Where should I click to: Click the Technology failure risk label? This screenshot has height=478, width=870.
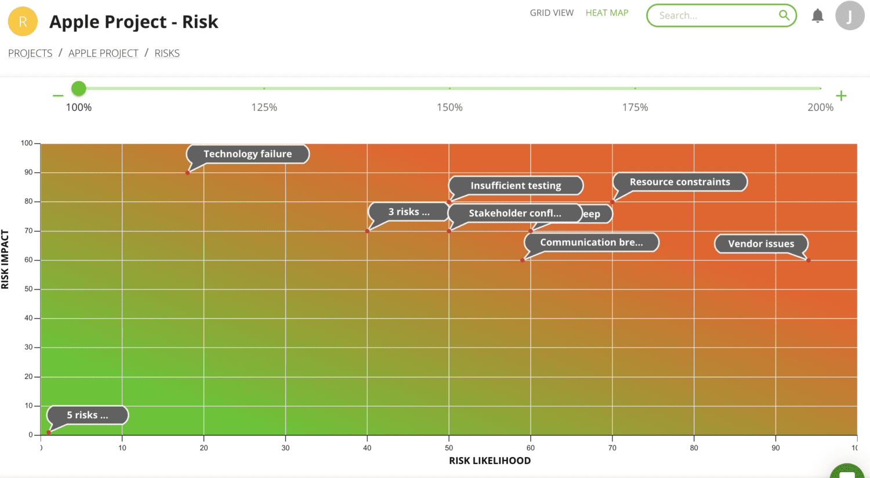pyautogui.click(x=248, y=154)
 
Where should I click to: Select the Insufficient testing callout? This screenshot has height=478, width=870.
pyautogui.click(x=516, y=186)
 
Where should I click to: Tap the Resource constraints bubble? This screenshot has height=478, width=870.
pyautogui.click(x=680, y=182)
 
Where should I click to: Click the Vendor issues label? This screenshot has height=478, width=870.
pyautogui.click(x=761, y=244)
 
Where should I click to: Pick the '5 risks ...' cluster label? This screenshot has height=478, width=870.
pyautogui.click(x=87, y=415)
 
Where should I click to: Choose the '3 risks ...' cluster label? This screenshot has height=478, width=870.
pyautogui.click(x=409, y=212)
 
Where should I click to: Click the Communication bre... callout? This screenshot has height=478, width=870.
pyautogui.click(x=592, y=242)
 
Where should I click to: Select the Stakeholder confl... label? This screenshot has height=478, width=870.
pyautogui.click(x=514, y=213)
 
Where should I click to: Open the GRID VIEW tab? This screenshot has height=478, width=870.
pyautogui.click(x=552, y=13)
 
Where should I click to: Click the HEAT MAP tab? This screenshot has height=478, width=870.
pyautogui.click(x=607, y=13)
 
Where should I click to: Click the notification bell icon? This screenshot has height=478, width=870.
pyautogui.click(x=817, y=16)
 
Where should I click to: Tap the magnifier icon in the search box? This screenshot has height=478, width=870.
pyautogui.click(x=784, y=16)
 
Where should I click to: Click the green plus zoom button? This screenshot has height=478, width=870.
pyautogui.click(x=841, y=96)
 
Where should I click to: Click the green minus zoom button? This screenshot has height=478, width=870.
pyautogui.click(x=58, y=96)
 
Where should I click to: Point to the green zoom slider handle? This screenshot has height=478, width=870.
pyautogui.click(x=79, y=88)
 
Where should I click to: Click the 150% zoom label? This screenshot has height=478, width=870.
pyautogui.click(x=449, y=107)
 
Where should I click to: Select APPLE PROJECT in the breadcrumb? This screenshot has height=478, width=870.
pyautogui.click(x=103, y=53)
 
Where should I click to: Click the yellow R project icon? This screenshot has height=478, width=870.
pyautogui.click(x=23, y=21)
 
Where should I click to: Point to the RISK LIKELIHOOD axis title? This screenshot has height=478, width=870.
pyautogui.click(x=490, y=461)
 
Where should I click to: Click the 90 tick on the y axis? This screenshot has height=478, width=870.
pyautogui.click(x=28, y=172)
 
